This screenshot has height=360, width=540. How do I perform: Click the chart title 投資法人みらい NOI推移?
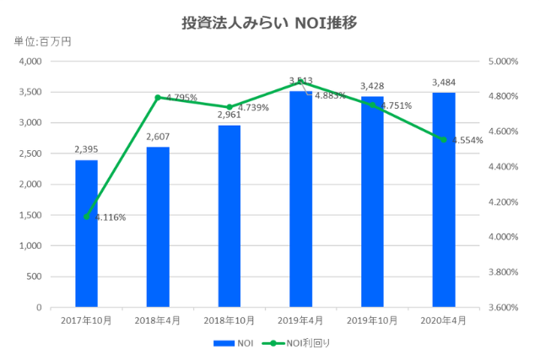269,23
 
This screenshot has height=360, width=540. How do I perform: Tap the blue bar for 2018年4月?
158,227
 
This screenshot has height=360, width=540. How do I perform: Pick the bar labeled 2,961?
229,216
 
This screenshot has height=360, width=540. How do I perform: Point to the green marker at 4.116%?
87,217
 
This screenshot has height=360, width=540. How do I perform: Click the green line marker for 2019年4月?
301,82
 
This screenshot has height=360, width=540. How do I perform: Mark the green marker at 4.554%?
444,139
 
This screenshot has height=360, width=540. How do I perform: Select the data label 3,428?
372,86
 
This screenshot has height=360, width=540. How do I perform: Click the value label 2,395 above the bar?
86,149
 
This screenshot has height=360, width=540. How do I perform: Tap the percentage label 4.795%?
181,98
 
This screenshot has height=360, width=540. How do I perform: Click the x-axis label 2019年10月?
372,320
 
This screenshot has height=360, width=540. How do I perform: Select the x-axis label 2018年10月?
229,320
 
